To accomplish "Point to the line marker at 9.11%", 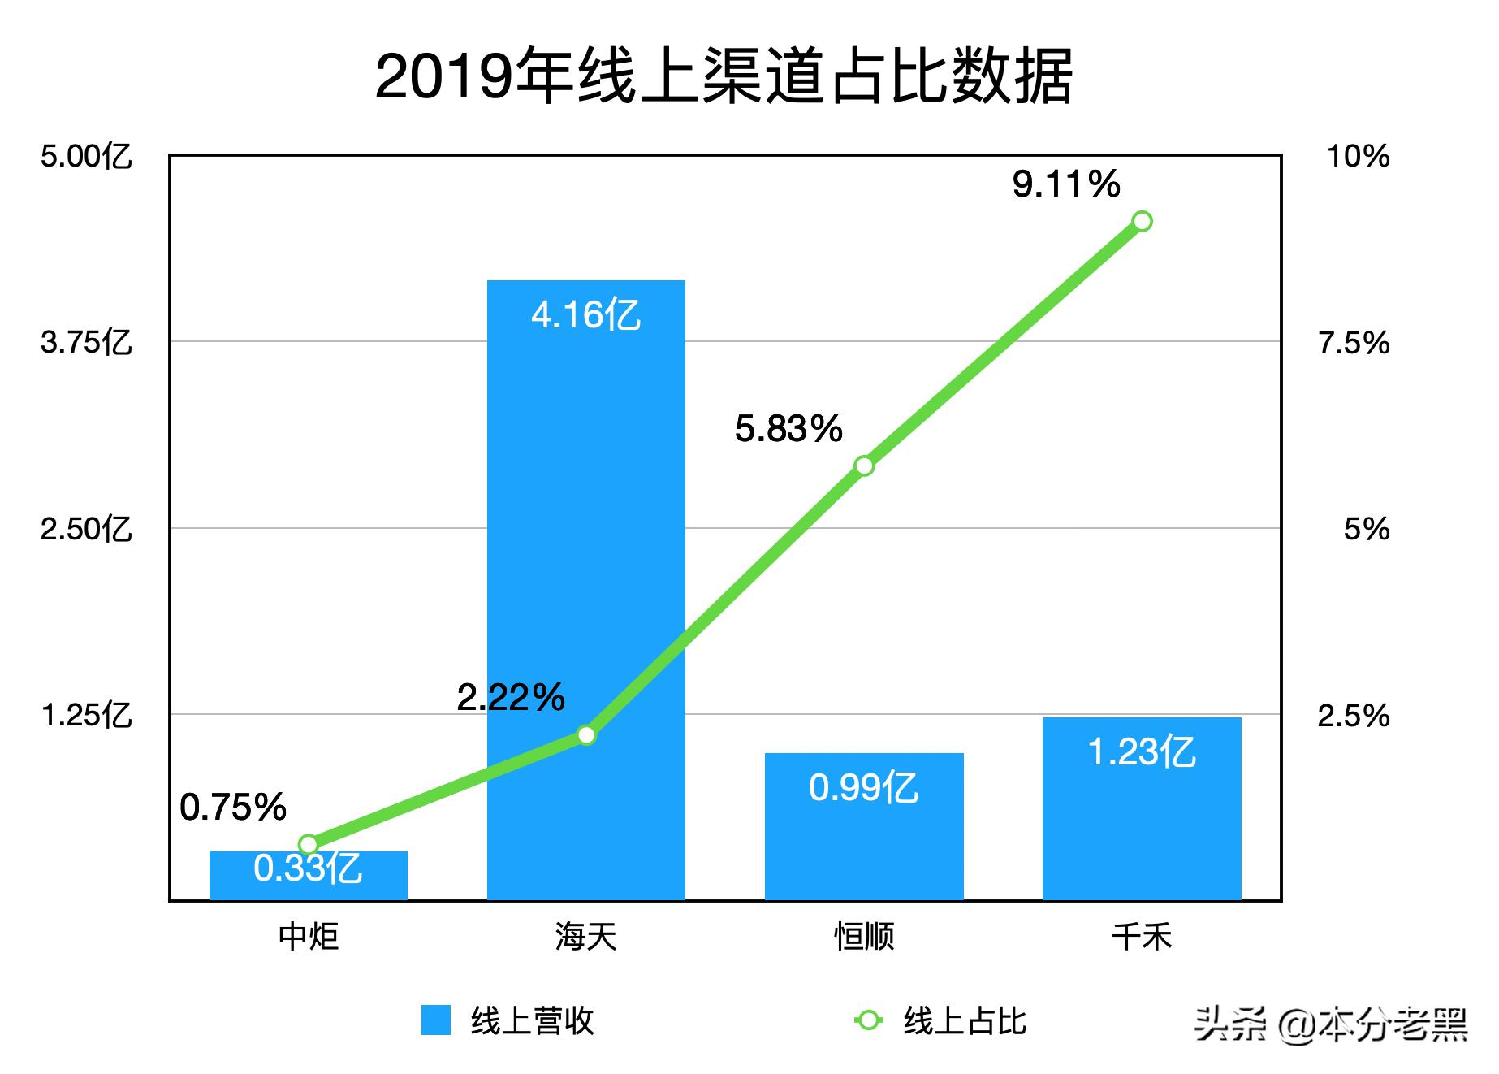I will pos(1142,221).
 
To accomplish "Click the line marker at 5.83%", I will pos(864,466).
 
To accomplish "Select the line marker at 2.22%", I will pos(585,735).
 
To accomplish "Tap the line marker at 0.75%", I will pos(308,844).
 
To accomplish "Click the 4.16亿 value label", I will pos(585,314).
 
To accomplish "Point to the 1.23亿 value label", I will pos(1142,751).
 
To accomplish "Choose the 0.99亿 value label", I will pos(864,787).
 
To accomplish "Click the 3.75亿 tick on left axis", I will pos(86,342).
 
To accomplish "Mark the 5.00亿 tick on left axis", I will pos(86,155).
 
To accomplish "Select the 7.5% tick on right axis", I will pos(1354,343).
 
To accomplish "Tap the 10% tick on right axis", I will pos(1358,155).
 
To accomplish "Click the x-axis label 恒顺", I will pos(864,937).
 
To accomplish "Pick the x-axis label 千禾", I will pos(1142,937).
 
